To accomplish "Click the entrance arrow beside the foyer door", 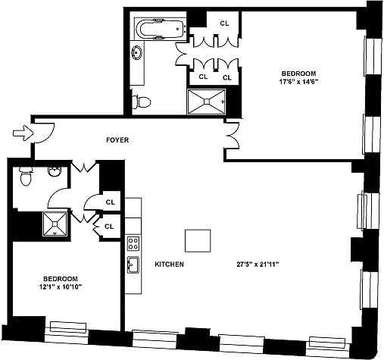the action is (x=23, y=133).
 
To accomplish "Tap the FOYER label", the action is (x=117, y=140).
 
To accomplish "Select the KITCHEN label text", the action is (x=169, y=265).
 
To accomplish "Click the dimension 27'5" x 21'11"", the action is (x=258, y=265).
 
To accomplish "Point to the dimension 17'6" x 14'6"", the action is (x=298, y=82).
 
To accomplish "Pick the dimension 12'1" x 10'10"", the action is (x=61, y=286).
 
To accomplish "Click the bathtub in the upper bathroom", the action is (x=160, y=29).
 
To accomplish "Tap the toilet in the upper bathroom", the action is (x=142, y=102).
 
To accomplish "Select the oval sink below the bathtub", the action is (x=136, y=52).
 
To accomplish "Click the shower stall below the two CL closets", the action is (x=207, y=102).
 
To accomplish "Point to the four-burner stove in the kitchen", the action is (x=133, y=243).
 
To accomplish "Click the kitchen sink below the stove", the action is (x=133, y=265).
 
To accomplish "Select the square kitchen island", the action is (x=198, y=241).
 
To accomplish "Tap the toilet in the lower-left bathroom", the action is (x=26, y=176).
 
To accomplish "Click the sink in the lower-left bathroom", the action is (x=54, y=171).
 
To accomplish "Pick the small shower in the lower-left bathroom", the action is (x=55, y=224).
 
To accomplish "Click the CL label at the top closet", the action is (x=224, y=23).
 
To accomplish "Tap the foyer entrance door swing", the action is (x=44, y=133).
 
